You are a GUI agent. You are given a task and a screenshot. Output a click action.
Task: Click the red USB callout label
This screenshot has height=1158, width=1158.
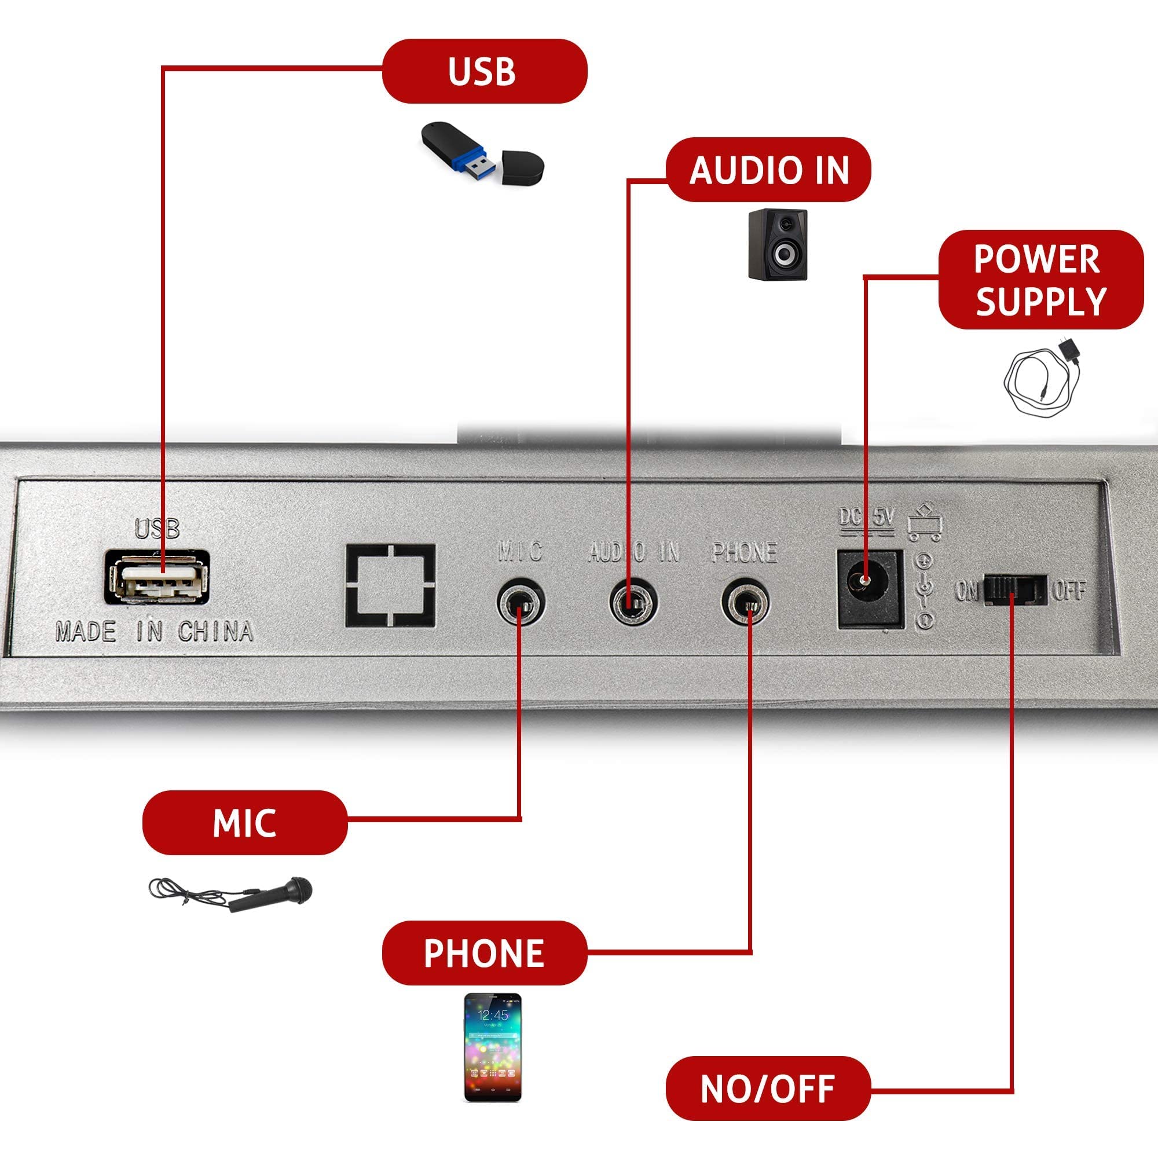pyautogui.click(x=484, y=71)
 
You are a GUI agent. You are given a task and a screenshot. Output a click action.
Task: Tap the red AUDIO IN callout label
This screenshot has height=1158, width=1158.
pyautogui.click(x=768, y=170)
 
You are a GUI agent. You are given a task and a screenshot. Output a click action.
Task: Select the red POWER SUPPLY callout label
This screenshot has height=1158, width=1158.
pyautogui.click(x=1040, y=279)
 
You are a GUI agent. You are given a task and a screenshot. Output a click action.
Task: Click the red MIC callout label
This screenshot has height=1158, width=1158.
pyautogui.click(x=244, y=823)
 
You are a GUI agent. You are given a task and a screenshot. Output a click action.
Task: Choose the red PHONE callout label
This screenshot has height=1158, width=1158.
pyautogui.click(x=484, y=953)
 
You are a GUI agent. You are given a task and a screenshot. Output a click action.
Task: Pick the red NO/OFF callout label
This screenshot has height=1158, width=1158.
pyautogui.click(x=768, y=1089)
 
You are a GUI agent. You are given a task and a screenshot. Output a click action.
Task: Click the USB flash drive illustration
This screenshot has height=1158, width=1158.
pyautogui.click(x=483, y=152)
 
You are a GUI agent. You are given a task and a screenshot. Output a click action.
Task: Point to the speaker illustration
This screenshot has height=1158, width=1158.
pyautogui.click(x=778, y=244)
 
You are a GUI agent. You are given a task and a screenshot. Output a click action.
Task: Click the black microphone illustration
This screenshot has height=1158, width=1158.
pyautogui.click(x=231, y=895)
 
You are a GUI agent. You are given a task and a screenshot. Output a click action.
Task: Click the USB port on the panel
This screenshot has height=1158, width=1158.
pyautogui.click(x=157, y=578)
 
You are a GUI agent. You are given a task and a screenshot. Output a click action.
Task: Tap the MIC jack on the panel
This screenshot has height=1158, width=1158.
pyautogui.click(x=521, y=602)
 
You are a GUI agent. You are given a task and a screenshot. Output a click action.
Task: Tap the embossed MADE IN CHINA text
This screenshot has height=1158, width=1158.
pyautogui.click(x=154, y=633)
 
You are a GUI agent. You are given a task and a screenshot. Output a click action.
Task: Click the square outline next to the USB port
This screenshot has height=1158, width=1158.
pyautogui.click(x=390, y=585)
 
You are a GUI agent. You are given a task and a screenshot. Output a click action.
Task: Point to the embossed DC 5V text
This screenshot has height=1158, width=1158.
pyautogui.click(x=866, y=518)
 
